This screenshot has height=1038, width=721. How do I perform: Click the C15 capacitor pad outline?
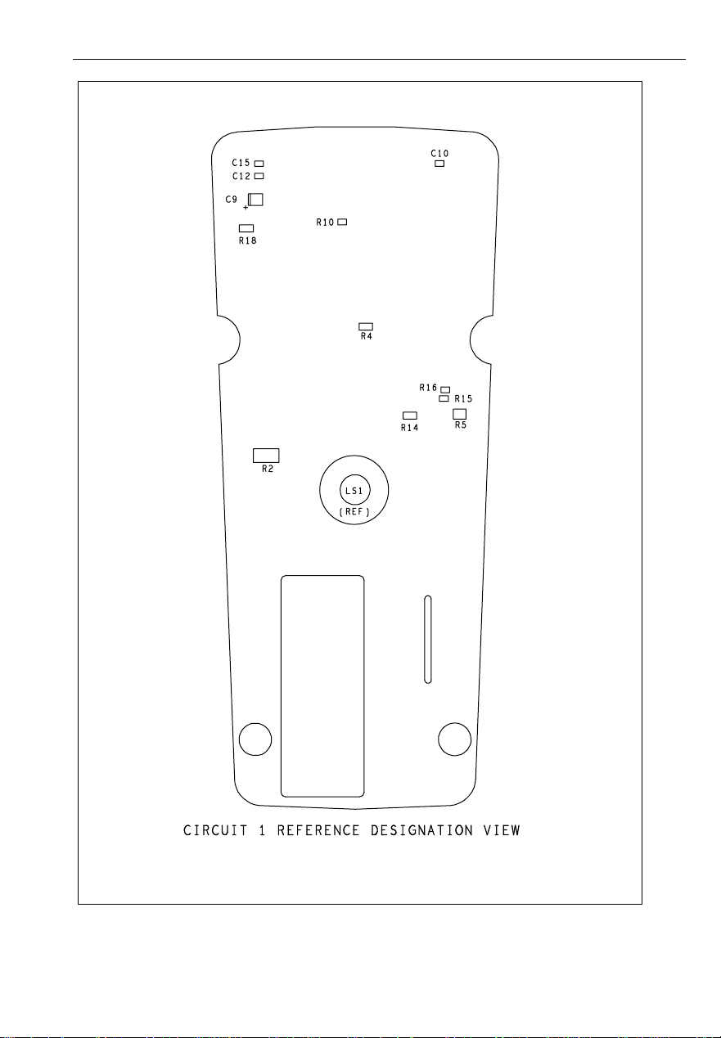pos(259,164)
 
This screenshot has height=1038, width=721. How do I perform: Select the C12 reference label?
pos(241,176)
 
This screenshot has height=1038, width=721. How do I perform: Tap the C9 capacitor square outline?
pos(257,199)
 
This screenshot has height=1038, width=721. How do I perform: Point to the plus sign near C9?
pos(246,208)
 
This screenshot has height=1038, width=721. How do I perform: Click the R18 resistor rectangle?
pos(246,228)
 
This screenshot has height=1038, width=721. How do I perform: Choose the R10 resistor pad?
pos(343,222)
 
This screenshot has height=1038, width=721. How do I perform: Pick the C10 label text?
pos(439,153)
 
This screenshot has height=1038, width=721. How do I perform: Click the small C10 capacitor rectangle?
pos(439,164)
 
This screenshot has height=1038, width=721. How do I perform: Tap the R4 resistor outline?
pos(366,326)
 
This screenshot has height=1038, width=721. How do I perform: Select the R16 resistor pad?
pos(445,389)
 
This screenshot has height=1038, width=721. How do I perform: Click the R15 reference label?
pos(463,399)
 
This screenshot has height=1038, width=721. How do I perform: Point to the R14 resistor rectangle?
pos(410,416)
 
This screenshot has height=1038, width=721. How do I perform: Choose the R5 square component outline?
pos(460,414)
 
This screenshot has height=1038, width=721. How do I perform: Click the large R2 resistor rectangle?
pos(267,455)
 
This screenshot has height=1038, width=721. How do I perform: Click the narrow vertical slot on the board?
pos(427,639)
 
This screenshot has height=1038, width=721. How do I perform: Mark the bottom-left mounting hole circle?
pos(255,739)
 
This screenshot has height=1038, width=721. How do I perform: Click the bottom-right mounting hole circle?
pos(454,739)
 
